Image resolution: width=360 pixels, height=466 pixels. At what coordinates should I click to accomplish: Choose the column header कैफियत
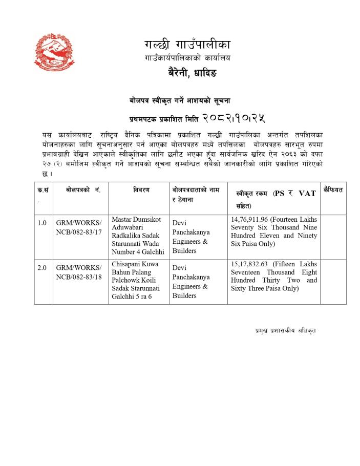[333, 190]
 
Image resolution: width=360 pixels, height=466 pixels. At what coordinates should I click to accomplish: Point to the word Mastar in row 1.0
[122, 219]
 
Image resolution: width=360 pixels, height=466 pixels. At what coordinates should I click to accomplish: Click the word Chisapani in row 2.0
[126, 264]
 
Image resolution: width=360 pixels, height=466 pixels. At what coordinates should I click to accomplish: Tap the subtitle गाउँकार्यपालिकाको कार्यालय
[187, 58]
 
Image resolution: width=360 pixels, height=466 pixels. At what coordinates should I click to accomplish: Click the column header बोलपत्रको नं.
[83, 190]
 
